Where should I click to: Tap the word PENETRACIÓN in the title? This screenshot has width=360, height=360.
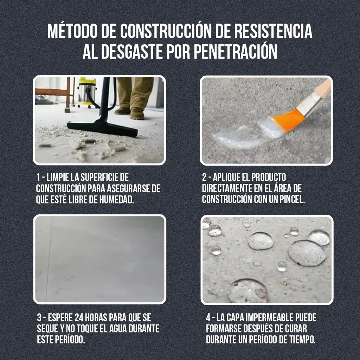pyautogui.click(x=235, y=52)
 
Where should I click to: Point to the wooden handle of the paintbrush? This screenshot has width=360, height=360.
pyautogui.click(x=323, y=90)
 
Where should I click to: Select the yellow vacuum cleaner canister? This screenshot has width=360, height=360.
pyautogui.click(x=87, y=90)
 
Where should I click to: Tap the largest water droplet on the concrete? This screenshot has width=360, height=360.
pyautogui.click(x=307, y=253)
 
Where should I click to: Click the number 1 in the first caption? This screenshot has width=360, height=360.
pyautogui.click(x=38, y=177)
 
